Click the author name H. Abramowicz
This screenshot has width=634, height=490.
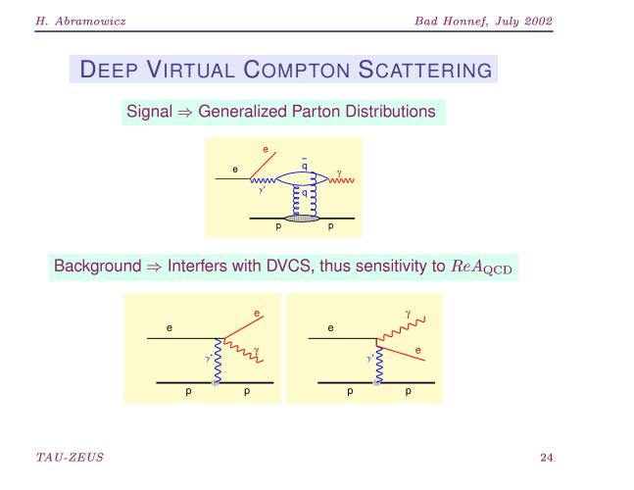[x=80, y=21]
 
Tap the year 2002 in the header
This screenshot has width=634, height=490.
[x=539, y=21]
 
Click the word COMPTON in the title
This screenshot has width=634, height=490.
[x=296, y=70]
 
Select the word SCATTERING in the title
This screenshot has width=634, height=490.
[x=425, y=70]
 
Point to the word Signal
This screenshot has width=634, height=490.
[x=150, y=112]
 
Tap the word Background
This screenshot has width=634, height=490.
[x=97, y=266]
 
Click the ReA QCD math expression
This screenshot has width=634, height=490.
[x=481, y=267]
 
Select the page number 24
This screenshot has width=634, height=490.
[x=546, y=458]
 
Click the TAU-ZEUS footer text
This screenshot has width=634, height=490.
[x=70, y=458]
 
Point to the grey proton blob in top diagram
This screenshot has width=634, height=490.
[x=302, y=219]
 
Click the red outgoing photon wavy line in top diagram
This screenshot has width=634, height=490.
[x=342, y=180]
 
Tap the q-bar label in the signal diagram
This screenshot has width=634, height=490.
[x=305, y=165]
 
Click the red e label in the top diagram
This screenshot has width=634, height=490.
[x=266, y=150]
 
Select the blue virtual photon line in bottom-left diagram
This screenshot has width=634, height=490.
[x=218, y=361]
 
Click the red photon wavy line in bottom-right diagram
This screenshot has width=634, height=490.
[x=401, y=328]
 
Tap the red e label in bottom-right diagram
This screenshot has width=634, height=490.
[x=418, y=350]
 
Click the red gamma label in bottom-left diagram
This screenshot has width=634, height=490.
[x=257, y=351]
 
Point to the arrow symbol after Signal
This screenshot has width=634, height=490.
[x=185, y=113]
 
